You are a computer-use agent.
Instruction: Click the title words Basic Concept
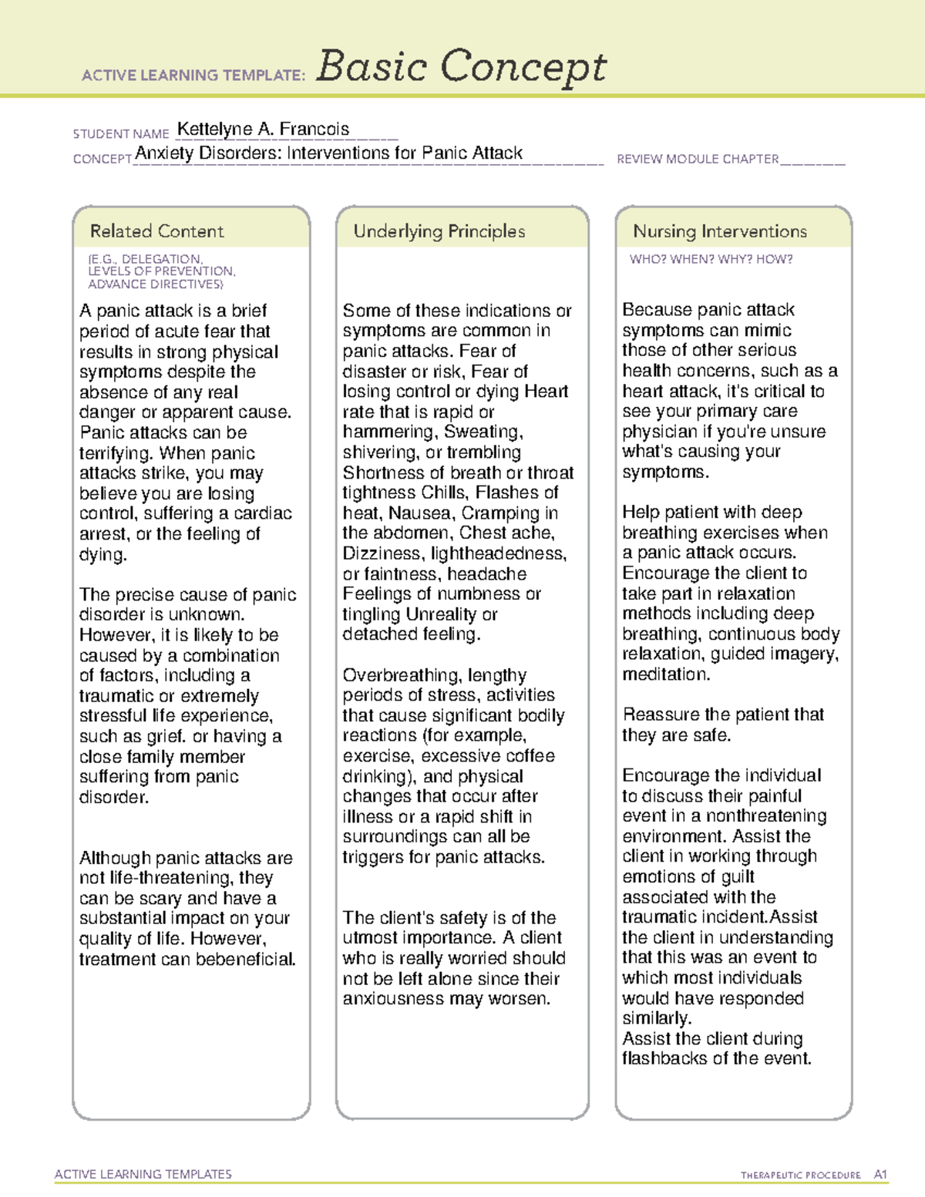click(x=461, y=66)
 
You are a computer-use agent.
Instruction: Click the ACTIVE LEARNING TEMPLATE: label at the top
click(x=193, y=75)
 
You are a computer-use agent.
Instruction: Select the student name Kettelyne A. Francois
click(x=263, y=129)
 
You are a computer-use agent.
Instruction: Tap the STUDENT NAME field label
click(x=121, y=134)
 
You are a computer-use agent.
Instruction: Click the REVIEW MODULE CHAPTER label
click(x=698, y=159)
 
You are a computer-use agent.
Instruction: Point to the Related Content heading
click(x=156, y=231)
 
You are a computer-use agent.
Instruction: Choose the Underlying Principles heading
click(x=439, y=231)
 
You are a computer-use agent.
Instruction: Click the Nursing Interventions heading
click(x=719, y=231)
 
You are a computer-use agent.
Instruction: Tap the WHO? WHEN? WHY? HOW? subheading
click(x=711, y=260)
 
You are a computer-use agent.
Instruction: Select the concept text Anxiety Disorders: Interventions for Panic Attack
click(x=328, y=153)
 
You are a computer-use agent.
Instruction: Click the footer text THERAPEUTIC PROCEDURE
click(x=800, y=1175)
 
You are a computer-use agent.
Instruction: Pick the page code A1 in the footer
click(x=880, y=1175)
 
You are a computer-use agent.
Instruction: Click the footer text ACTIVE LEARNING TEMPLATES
click(x=143, y=1174)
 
